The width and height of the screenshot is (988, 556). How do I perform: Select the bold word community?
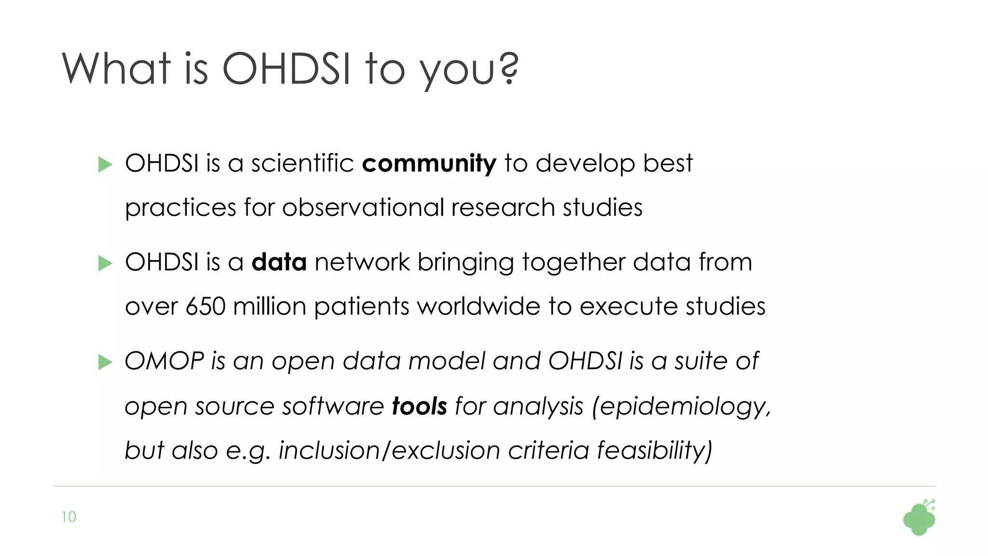(428, 164)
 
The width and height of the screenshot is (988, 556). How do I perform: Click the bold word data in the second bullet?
(279, 263)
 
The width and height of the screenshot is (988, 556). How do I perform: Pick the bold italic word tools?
(419, 406)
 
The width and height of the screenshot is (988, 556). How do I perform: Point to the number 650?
(206, 307)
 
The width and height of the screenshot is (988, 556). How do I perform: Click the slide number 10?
(69, 517)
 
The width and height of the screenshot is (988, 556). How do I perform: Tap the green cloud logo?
(919, 519)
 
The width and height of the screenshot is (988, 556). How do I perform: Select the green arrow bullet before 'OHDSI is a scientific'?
(105, 165)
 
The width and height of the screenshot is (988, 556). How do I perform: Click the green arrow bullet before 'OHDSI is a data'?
(105, 264)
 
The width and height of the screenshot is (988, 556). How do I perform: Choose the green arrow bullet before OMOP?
(105, 362)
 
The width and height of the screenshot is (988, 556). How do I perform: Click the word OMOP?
(165, 361)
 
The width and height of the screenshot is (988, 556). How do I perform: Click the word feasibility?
(654, 451)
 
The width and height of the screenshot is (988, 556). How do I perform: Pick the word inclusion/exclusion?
(389, 451)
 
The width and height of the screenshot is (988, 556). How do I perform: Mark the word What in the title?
(116, 69)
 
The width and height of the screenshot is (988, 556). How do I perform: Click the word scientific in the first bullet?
(302, 164)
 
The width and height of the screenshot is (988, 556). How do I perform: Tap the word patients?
(361, 307)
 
